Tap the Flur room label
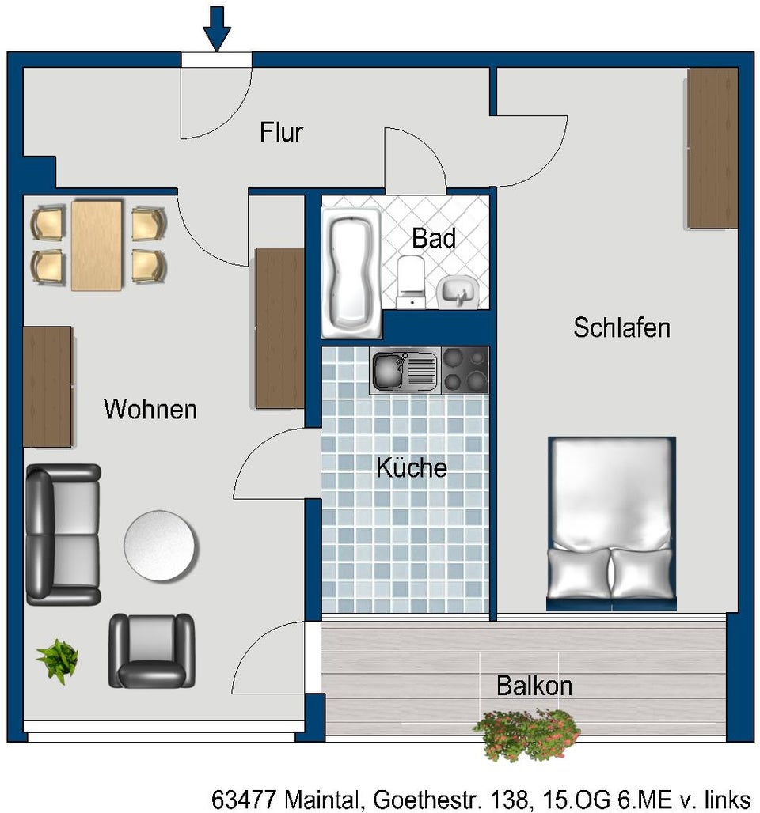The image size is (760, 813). [281, 132]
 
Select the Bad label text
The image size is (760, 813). [434, 238]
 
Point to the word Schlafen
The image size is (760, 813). [621, 327]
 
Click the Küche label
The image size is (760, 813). [412, 467]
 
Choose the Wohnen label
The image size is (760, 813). [150, 409]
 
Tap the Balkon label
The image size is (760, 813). [534, 686]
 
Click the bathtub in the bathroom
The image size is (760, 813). [351, 273]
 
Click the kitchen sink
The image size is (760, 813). [405, 370]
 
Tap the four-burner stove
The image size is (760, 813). [465, 370]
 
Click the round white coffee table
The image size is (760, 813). [159, 546]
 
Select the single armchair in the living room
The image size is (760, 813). [151, 651]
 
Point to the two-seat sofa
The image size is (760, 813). [63, 535]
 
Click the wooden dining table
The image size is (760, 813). [97, 246]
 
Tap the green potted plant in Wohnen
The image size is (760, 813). [58, 660]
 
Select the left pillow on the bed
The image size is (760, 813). [579, 573]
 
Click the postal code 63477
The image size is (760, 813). [244, 799]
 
